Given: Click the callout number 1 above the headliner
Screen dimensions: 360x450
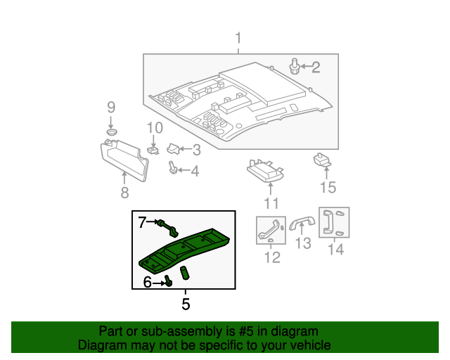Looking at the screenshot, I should click(238, 37).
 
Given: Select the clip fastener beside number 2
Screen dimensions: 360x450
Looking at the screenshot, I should click(295, 67).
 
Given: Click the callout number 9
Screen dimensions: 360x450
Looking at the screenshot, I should click(110, 108).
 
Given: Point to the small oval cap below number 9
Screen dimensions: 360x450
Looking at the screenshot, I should click(111, 131).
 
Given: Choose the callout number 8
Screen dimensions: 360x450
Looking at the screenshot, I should click(124, 192).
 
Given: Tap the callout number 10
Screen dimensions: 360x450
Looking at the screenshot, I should click(154, 128).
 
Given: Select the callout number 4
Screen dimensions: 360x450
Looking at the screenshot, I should click(195, 171).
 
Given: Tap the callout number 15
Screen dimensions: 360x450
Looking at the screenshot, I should click(328, 188).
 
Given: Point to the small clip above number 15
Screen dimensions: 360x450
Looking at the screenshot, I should click(323, 160).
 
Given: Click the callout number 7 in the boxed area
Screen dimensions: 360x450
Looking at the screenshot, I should click(142, 222).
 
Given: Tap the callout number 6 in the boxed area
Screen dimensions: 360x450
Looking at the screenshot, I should click(148, 282).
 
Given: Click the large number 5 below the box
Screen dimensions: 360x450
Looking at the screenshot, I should click(186, 304).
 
